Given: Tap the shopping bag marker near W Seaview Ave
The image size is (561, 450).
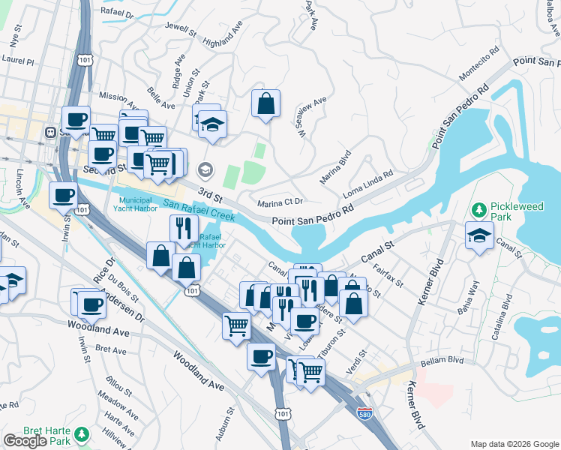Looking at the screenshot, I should pyautogui.click(x=266, y=103).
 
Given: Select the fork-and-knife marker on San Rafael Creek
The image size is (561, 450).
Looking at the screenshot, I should pyautogui.click(x=184, y=228).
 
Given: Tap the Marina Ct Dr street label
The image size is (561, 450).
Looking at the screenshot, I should pyautogui.click(x=280, y=202).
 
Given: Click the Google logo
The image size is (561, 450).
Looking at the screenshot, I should pyautogui.click(x=25, y=441).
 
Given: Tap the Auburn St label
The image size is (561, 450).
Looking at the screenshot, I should pyautogui.click(x=222, y=424).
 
